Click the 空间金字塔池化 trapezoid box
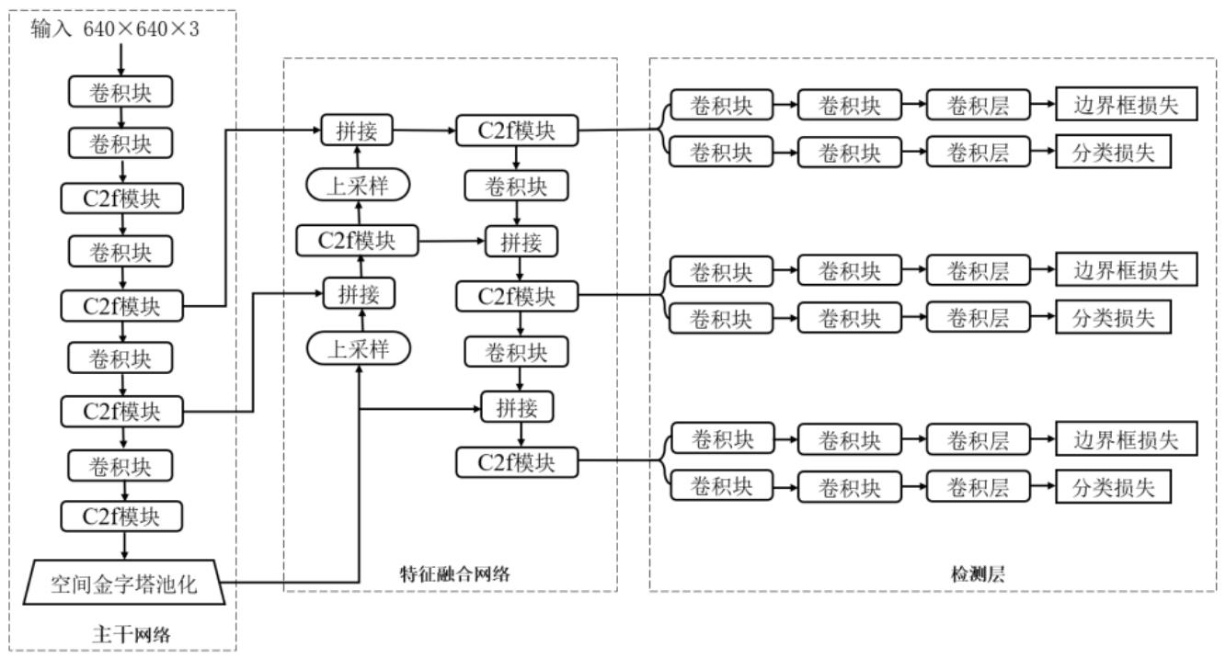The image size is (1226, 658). click(124, 583)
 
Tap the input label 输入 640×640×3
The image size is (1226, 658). click(115, 29)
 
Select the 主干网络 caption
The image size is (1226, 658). click(132, 634)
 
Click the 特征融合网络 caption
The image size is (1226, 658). click(455, 573)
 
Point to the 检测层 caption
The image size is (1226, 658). click(978, 573)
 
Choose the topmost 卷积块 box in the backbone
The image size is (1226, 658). click(120, 92)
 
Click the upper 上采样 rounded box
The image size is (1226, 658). click(358, 185)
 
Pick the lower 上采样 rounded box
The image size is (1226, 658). click(359, 348)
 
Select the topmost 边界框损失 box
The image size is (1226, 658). click(1127, 104)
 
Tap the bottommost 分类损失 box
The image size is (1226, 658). click(1113, 486)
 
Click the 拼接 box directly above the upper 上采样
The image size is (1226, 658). click(357, 130)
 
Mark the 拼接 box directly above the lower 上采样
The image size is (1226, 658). click(359, 294)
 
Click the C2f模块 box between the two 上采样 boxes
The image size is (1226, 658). click(357, 241)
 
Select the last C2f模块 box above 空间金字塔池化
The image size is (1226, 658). click(121, 516)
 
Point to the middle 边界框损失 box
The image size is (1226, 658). click(1127, 269)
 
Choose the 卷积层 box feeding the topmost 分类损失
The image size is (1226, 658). click(978, 152)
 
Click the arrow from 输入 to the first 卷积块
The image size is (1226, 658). click(121, 60)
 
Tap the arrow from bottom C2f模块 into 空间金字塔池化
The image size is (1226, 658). click(125, 545)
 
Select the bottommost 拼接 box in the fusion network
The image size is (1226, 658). click(517, 407)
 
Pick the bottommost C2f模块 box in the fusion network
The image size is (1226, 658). click(517, 463)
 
